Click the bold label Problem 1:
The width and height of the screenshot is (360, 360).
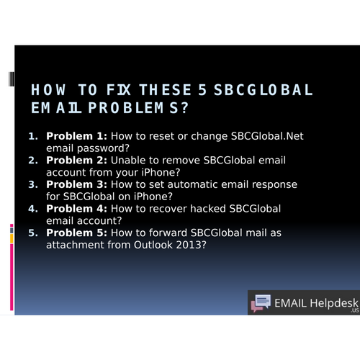pyautogui.click(x=76, y=136)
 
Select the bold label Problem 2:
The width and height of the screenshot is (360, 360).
pyautogui.click(x=76, y=161)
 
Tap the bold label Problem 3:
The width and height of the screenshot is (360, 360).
pyautogui.click(x=76, y=184)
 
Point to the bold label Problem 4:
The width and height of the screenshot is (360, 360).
pyautogui.click(x=76, y=209)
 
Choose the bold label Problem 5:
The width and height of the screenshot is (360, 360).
pyautogui.click(x=76, y=233)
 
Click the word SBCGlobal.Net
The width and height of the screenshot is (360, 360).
pyautogui.click(x=267, y=136)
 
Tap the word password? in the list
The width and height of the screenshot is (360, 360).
pyautogui.click(x=103, y=148)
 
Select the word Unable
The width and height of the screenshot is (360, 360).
pyautogui.click(x=128, y=161)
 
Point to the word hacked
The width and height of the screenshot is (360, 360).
pyautogui.click(x=208, y=209)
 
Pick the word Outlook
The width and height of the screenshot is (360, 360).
pyautogui.click(x=153, y=245)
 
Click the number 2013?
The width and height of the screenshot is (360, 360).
pyautogui.click(x=191, y=245)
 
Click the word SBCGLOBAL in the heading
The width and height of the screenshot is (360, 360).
pyautogui.click(x=264, y=90)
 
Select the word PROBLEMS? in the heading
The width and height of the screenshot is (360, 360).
pyautogui.click(x=138, y=108)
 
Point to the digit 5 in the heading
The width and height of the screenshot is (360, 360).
pyautogui.click(x=202, y=90)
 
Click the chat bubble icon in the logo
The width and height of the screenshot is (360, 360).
pyautogui.click(x=261, y=303)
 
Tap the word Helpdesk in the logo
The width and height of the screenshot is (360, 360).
pyautogui.click(x=334, y=303)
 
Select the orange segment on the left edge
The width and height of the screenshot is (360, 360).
pyautogui.click(x=12, y=238)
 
